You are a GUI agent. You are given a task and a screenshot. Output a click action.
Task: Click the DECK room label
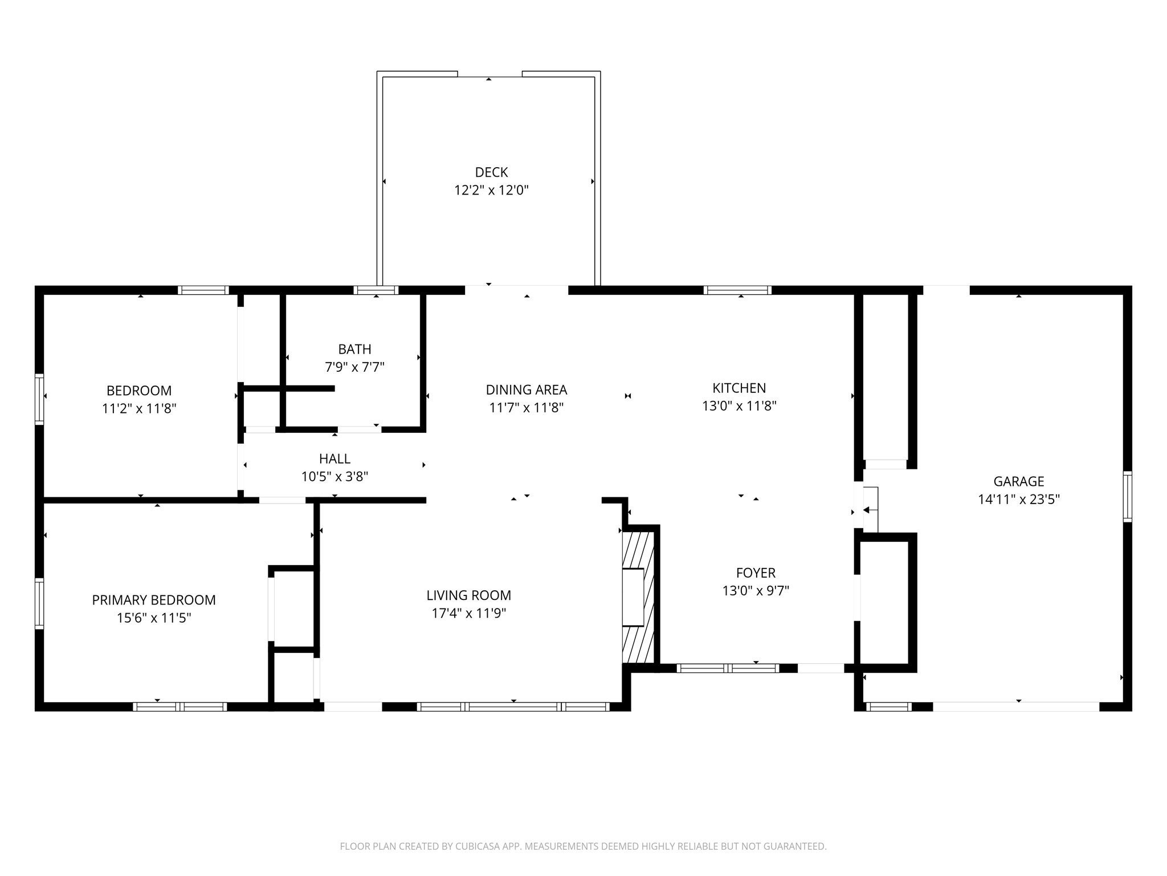tap(491, 172)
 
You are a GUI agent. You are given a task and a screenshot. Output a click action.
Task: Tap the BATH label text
tap(354, 349)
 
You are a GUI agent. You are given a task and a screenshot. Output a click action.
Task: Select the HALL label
tap(334, 459)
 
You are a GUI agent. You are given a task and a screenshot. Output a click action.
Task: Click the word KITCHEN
tap(739, 388)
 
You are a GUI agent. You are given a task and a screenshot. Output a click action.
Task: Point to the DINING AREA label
tap(527, 390)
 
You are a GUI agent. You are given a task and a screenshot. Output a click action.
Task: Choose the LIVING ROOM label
tap(469, 595)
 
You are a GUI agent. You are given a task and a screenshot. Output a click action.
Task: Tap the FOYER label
tap(756, 573)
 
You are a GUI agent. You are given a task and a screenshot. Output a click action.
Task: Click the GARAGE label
tap(1019, 481)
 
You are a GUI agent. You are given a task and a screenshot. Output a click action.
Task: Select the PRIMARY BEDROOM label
tap(154, 600)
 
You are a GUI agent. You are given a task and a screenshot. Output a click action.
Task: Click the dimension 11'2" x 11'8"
tap(139, 408)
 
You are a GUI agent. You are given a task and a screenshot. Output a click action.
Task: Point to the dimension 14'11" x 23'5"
tap(1019, 500)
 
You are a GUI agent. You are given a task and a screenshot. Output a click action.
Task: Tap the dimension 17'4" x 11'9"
tap(469, 613)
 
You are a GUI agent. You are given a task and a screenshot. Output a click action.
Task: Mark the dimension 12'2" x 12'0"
tap(491, 190)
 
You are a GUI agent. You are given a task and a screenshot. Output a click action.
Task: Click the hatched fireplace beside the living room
tap(640, 597)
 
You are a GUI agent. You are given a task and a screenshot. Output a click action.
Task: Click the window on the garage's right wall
tap(1127, 496)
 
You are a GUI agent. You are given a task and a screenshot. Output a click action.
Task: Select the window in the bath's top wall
tap(376, 290)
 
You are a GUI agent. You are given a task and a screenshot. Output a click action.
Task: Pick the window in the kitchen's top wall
tap(737, 290)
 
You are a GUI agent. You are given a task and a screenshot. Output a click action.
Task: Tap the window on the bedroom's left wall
tap(39, 399)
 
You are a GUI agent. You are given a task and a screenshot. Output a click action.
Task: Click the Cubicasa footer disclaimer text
tap(583, 846)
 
